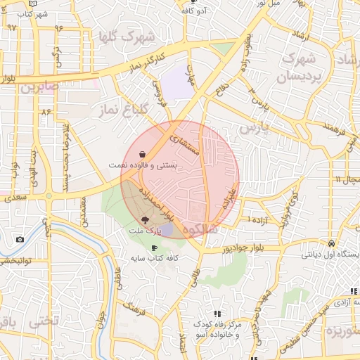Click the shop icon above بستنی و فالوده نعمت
tap(143, 153)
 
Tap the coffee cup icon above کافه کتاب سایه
tap(155, 247)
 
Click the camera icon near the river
tap(20, 239)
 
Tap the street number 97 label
tap(11, 27)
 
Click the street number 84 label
tap(47, 112)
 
